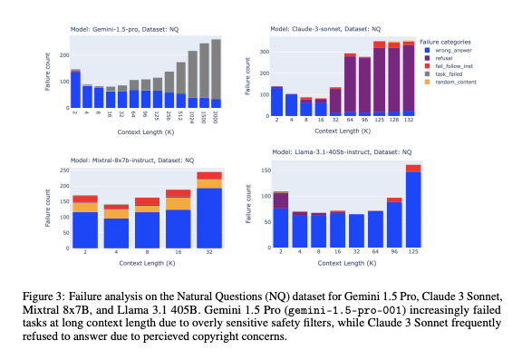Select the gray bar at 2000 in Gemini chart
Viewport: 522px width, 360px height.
click(216, 69)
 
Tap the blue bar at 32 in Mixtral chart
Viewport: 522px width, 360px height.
click(209, 218)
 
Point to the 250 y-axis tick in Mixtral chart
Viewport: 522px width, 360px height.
click(63, 170)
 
